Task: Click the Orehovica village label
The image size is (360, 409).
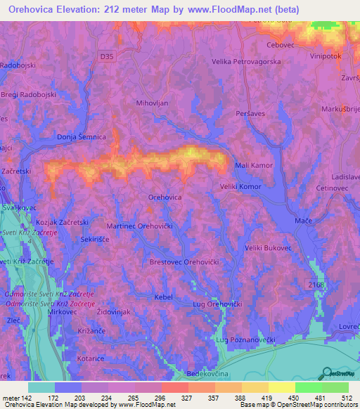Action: (165, 198)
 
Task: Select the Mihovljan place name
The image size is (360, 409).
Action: (153, 102)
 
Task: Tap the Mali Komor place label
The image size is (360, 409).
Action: (253, 164)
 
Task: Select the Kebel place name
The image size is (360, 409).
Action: (163, 297)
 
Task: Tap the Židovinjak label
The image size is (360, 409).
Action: (114, 311)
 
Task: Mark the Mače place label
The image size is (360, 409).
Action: (303, 221)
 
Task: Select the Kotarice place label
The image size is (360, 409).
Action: (91, 358)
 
